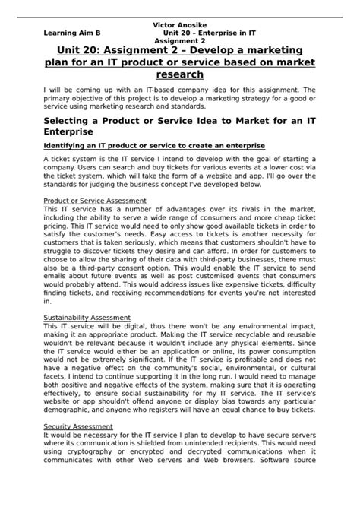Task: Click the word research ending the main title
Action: (179, 74)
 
